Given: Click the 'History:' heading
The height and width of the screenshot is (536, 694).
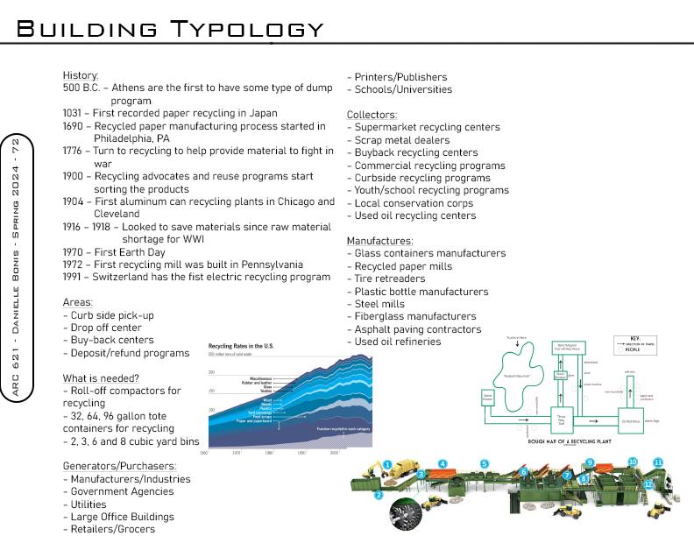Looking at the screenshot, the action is coord(81,76).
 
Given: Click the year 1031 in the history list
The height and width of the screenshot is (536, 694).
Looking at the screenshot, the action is coord(74,113).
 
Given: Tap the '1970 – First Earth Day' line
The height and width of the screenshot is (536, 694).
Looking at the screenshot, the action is coord(114,252).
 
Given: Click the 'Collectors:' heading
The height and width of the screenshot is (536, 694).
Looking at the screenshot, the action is coord(372,115).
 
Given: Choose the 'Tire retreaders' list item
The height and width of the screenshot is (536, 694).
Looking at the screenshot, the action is coord(390,279).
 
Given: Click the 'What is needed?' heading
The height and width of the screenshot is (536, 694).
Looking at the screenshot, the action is coord(101,378).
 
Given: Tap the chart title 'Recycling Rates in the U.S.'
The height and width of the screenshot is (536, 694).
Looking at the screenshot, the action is coord(241,347).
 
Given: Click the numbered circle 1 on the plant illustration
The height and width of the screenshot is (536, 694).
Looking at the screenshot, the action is coord(387,465).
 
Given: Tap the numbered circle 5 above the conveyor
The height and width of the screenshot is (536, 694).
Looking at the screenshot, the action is coord(484,463).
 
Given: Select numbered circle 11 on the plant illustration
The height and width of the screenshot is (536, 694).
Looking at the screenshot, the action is coord(657,462).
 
